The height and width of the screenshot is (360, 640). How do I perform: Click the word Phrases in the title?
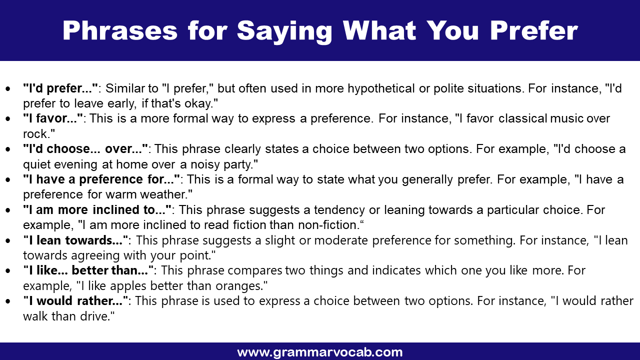[120, 31]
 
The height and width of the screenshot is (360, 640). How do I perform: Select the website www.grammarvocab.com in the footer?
[320, 352]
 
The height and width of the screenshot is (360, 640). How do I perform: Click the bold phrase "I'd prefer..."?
[60, 88]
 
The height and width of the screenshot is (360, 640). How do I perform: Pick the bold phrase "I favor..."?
[53, 119]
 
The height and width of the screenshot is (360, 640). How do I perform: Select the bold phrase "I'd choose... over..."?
[85, 149]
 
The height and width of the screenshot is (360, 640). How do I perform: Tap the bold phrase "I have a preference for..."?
[101, 179]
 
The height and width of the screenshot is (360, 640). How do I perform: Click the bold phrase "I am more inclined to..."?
[97, 209]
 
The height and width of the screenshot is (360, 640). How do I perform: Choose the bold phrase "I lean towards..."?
[75, 240]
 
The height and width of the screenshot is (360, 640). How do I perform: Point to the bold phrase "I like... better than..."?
[89, 270]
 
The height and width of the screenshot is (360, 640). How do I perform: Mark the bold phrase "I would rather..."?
[76, 301]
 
